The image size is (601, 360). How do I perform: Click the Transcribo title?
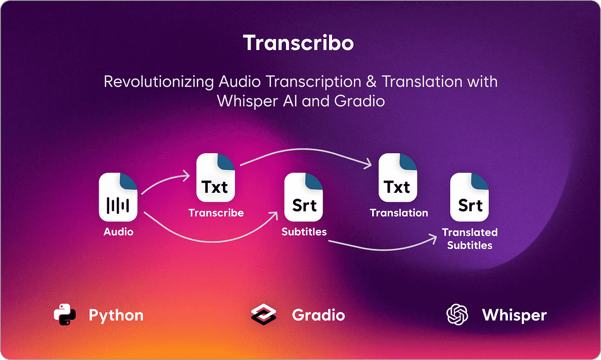[298, 44]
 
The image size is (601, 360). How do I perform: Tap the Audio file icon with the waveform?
[119, 197]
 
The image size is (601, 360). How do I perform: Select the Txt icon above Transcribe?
[215, 179]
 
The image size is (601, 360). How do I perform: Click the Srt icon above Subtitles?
[304, 197]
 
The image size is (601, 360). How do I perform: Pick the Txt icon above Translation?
[398, 179]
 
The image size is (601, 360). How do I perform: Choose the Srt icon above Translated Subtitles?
[470, 197]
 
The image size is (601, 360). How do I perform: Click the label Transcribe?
[216, 213]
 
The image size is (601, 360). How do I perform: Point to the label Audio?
[119, 232]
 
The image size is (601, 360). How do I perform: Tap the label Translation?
[399, 213]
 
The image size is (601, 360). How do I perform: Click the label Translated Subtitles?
[470, 239]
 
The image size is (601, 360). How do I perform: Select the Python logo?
[65, 315]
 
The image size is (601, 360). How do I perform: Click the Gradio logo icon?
[263, 315]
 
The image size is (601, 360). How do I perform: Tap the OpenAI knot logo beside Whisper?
[457, 315]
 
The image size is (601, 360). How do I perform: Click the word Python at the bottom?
[116, 315]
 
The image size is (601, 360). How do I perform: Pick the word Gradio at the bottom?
[318, 315]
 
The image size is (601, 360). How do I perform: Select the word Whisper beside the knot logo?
[514, 315]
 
